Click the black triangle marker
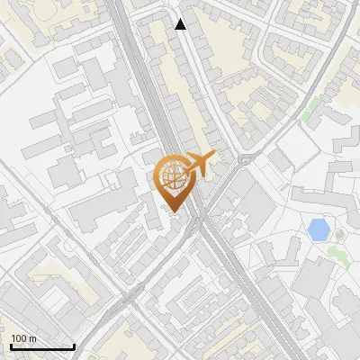click(x=181, y=24)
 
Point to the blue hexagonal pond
click(x=318, y=229)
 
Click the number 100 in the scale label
click(x=19, y=338)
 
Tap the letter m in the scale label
click(x=31, y=338)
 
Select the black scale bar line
click(x=42, y=346)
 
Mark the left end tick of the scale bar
click(x=12, y=346)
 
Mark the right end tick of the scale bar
click(x=74, y=346)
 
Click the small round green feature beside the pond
click(x=339, y=235)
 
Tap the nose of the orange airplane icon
click(x=215, y=157)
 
